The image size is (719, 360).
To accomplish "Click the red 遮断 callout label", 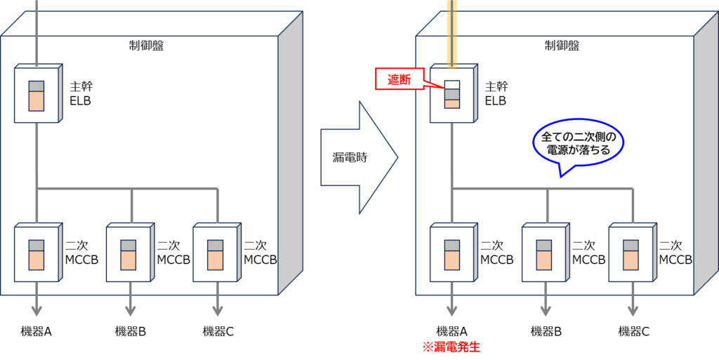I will [x=397, y=80].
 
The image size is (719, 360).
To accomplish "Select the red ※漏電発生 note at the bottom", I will [x=451, y=346].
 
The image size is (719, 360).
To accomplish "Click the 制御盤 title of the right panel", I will [x=562, y=46].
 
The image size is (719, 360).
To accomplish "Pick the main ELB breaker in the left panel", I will [x=36, y=95].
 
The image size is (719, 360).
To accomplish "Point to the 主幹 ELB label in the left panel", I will [x=81, y=93].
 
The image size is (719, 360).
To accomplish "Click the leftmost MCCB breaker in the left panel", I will [x=37, y=253].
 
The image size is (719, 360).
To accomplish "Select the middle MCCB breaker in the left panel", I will [x=128, y=253].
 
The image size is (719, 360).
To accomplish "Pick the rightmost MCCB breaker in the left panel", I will [x=215, y=253].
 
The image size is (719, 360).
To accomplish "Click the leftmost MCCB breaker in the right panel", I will [x=451, y=253].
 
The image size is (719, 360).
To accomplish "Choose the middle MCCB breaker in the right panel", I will [x=543, y=253].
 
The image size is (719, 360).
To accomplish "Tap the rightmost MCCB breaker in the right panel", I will [x=631, y=253].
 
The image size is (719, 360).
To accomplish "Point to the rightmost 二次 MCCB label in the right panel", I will [x=675, y=253].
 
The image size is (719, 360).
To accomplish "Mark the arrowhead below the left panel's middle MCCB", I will [x=131, y=311].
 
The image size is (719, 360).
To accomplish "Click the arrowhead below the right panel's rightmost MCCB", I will [x=633, y=311].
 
